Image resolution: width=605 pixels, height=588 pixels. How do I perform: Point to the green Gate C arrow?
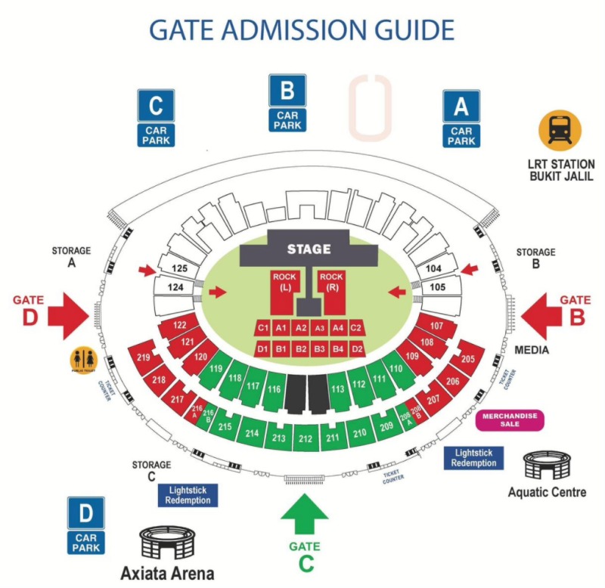coord(305,516)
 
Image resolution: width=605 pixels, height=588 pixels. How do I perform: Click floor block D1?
coord(262,349)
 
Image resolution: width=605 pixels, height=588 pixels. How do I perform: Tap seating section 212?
coord(306,438)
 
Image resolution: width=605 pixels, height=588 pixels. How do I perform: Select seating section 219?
coord(143,357)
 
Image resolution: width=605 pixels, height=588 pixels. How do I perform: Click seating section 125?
coord(178,268)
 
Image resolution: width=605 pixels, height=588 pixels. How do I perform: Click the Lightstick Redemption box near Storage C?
coord(188,495)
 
